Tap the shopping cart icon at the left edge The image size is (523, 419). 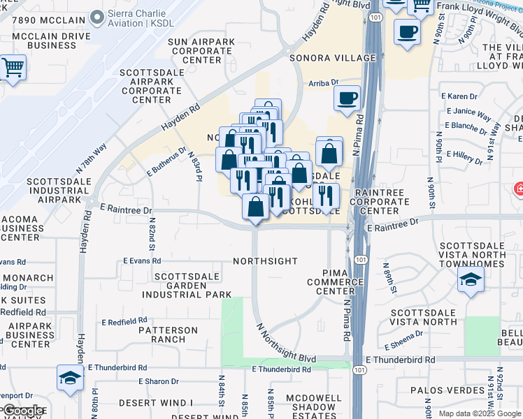click(13, 68)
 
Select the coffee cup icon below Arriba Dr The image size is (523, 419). click(346, 98)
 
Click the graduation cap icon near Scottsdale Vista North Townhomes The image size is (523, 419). click(471, 281)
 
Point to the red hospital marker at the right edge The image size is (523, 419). click(519, 189)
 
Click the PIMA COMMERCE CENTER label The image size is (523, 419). click(335, 281)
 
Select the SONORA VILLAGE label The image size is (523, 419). click(334, 59)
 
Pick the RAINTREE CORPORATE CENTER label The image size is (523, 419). click(381, 201)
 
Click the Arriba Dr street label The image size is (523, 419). click(324, 83)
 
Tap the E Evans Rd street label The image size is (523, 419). click(143, 260)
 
